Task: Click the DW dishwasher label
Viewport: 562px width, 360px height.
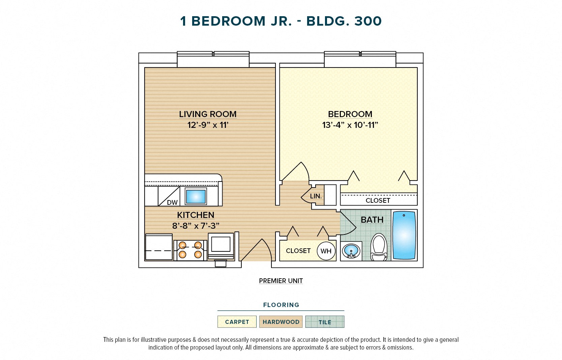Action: (x=172, y=202)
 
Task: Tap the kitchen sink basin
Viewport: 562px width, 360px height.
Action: (x=196, y=196)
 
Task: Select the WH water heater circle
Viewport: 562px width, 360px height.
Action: (x=326, y=251)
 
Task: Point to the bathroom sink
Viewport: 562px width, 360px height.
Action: (x=351, y=251)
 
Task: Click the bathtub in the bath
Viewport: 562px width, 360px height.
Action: (x=404, y=235)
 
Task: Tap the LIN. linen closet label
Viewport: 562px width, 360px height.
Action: (x=316, y=196)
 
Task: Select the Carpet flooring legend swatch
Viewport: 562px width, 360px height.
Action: (x=237, y=322)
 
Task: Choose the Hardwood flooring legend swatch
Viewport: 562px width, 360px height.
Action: (x=281, y=322)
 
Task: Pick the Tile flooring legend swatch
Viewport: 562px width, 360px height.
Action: (x=325, y=322)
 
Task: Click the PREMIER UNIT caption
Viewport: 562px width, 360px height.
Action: (x=281, y=281)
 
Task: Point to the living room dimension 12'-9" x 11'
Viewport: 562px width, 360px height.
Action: (x=208, y=125)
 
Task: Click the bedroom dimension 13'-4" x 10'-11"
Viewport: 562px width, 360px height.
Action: (x=350, y=125)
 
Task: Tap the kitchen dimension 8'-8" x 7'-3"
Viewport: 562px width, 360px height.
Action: (x=196, y=226)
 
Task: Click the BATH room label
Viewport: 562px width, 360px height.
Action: (x=372, y=220)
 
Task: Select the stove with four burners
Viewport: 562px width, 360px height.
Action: (x=190, y=250)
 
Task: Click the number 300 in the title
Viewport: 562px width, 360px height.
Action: (x=368, y=21)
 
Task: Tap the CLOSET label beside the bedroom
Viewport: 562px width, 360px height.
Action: (x=378, y=200)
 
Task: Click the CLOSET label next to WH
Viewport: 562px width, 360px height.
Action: (x=298, y=251)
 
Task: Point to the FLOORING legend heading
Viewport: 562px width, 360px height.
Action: (x=281, y=305)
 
